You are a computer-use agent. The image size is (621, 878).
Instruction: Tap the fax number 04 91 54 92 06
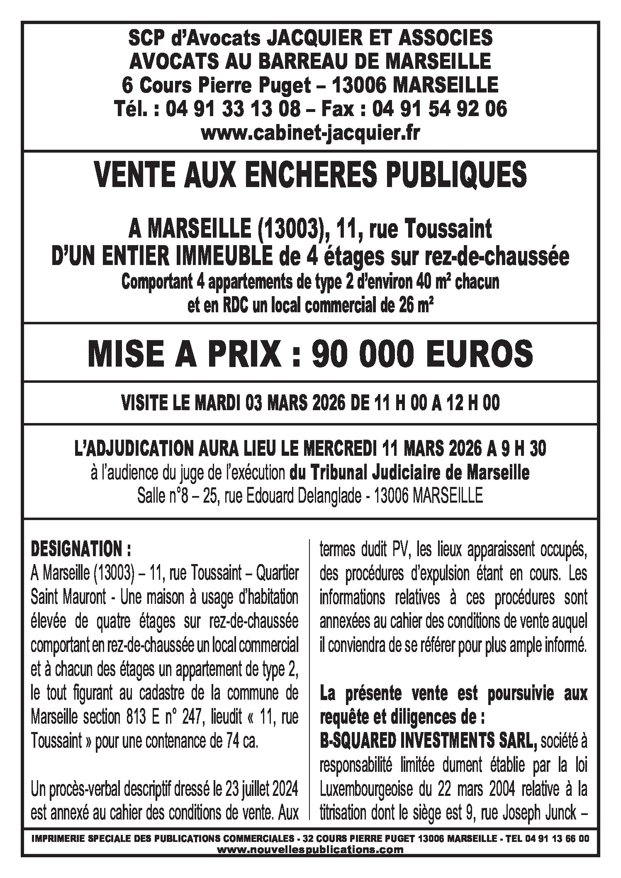tap(439, 109)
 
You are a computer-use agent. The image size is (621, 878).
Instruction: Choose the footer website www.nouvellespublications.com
tap(310, 850)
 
